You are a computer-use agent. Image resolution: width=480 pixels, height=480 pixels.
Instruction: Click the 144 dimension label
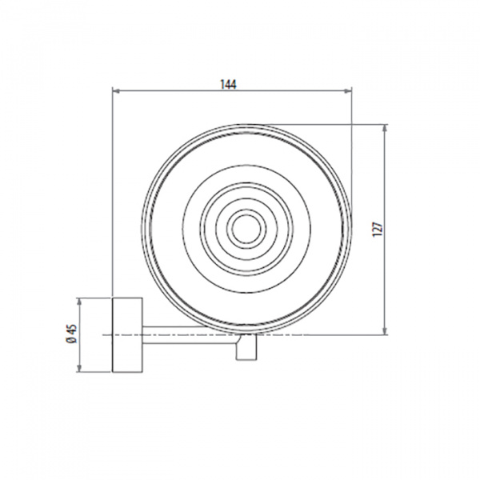(228, 84)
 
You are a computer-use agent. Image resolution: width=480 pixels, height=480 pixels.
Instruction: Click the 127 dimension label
(378, 229)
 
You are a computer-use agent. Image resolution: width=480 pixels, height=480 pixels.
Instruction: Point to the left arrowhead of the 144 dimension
(116, 90)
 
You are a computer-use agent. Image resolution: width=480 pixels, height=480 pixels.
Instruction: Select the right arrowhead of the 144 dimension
(348, 90)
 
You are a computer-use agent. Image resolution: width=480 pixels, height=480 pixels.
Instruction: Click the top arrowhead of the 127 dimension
(385, 127)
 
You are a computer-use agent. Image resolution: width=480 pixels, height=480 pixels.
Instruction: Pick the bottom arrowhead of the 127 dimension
(385, 331)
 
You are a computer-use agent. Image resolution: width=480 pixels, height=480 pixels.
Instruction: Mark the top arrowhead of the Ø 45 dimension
(80, 302)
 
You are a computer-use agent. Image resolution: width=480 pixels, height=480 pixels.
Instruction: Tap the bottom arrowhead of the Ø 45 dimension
(80, 369)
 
